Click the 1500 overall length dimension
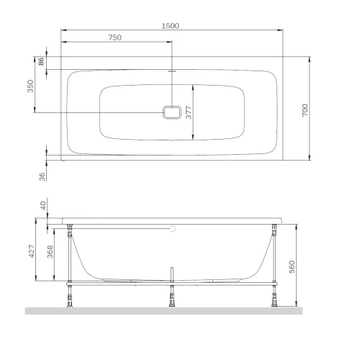170,26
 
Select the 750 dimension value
115,37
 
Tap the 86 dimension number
41,61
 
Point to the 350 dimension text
30,86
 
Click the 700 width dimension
305,110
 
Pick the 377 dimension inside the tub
189,112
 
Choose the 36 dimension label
42,176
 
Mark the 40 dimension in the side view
43,205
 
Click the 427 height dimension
32,251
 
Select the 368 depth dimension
50,251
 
